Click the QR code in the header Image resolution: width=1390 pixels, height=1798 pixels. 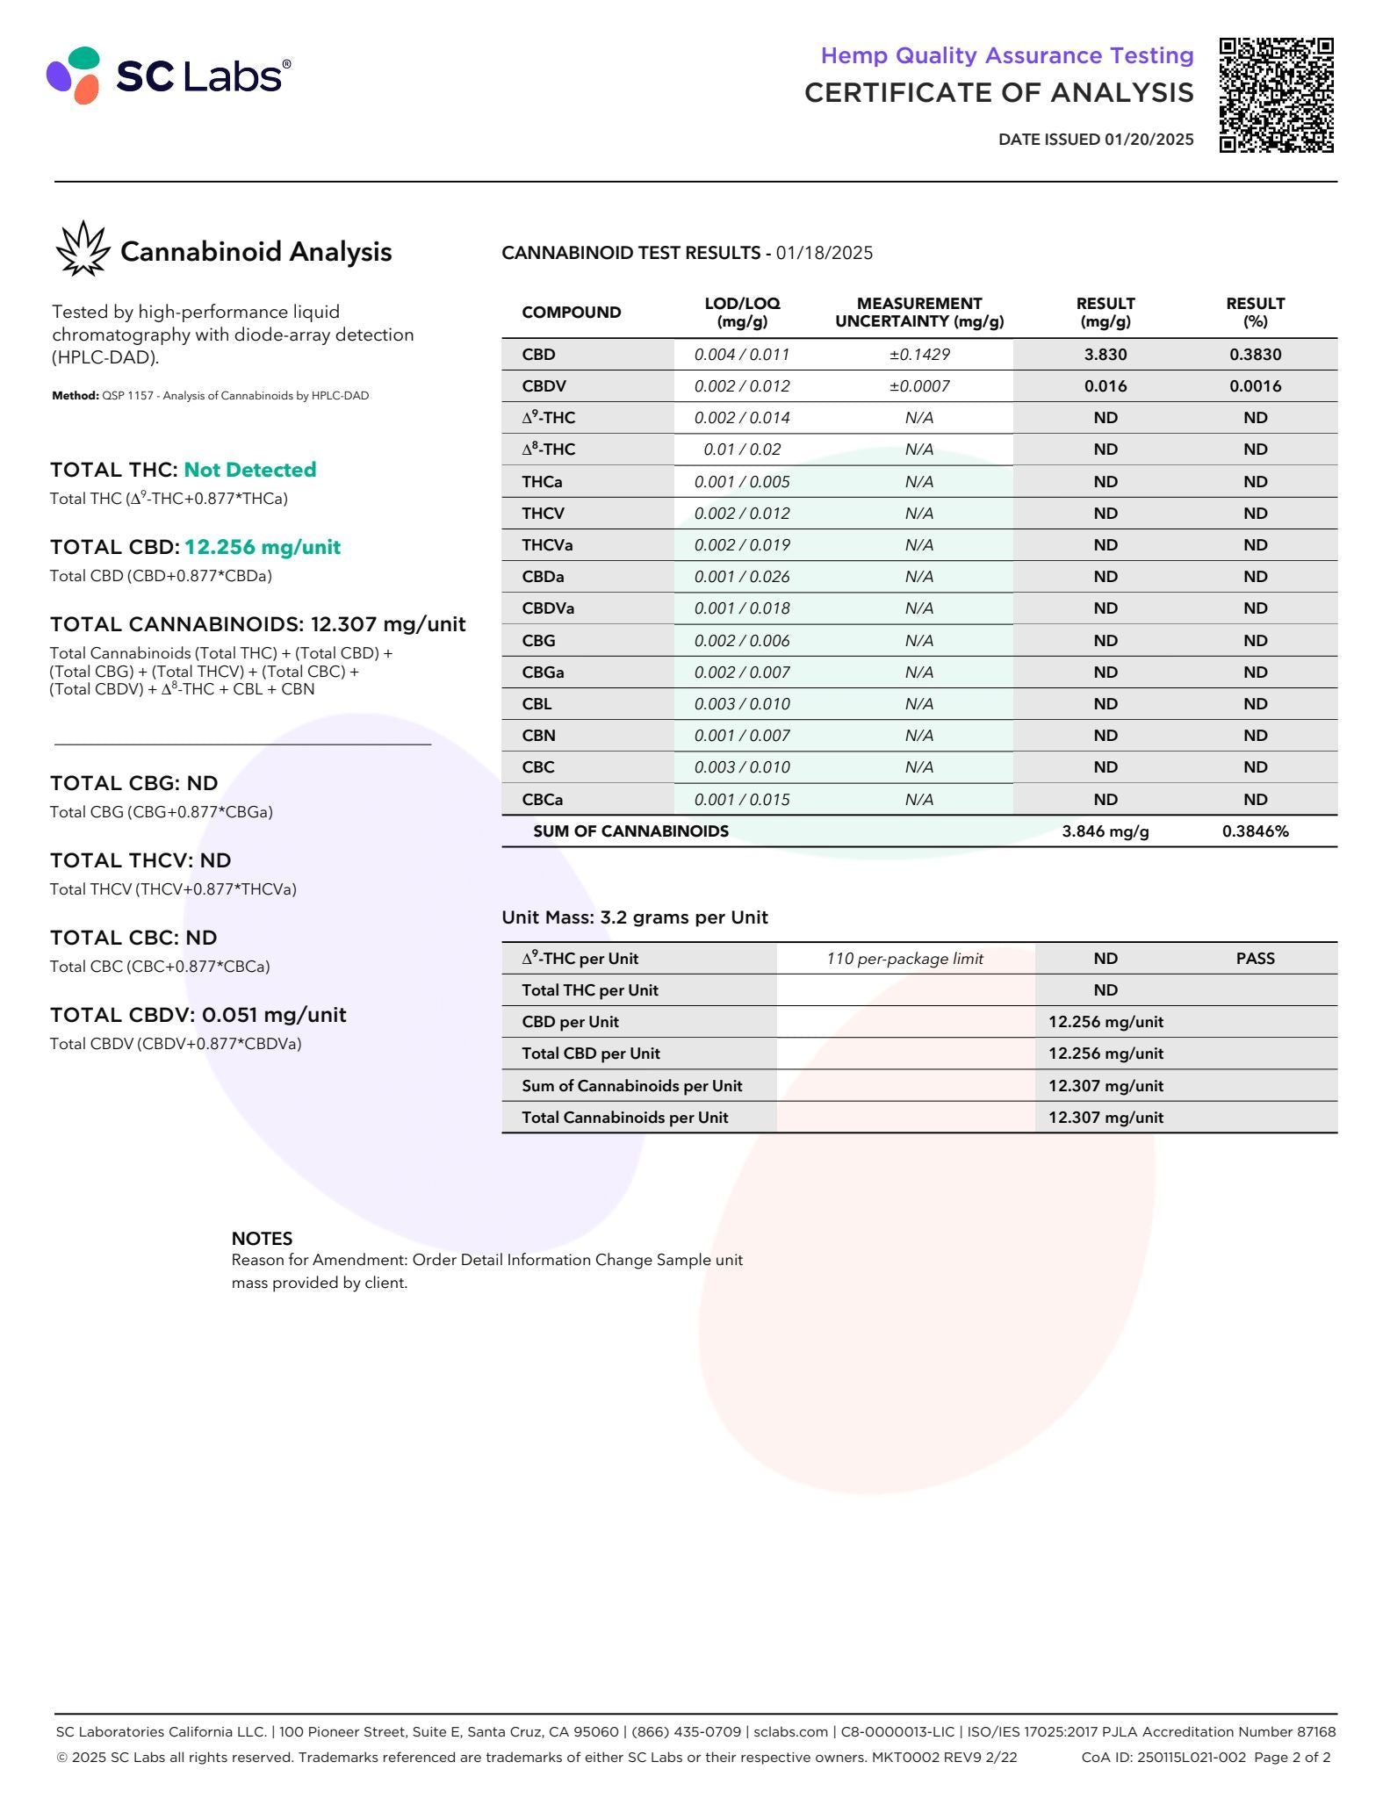pyautogui.click(x=1276, y=95)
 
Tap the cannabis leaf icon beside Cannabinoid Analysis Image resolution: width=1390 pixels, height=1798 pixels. pyautogui.click(x=83, y=249)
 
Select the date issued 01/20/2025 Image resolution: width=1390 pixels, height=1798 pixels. pyautogui.click(x=1096, y=140)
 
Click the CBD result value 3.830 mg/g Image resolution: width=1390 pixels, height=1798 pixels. pyautogui.click(x=1105, y=355)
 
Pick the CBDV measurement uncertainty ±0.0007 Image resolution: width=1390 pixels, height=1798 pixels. pyautogui.click(x=918, y=386)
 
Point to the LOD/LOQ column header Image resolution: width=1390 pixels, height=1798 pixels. pyautogui.click(x=742, y=312)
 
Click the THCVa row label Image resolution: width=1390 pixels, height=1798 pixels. pyautogui.click(x=547, y=545)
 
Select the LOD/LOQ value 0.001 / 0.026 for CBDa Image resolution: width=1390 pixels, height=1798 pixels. pyautogui.click(x=742, y=577)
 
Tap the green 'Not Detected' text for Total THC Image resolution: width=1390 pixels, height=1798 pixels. pyautogui.click(x=249, y=470)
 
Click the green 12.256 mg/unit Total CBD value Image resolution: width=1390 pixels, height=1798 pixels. pyautogui.click(x=262, y=547)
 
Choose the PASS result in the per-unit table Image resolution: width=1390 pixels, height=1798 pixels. pyautogui.click(x=1255, y=959)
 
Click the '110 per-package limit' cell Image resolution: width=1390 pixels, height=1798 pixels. pyautogui.click(x=904, y=959)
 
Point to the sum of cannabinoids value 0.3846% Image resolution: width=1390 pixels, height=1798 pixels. pyautogui.click(x=1255, y=831)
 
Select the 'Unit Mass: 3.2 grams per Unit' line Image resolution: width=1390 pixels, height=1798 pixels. pyautogui.click(x=635, y=917)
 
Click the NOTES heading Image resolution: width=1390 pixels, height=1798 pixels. pyautogui.click(x=262, y=1239)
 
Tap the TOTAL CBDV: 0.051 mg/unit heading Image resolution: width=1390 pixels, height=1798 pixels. pyautogui.click(x=198, y=1015)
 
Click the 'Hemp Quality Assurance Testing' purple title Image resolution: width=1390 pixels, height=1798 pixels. pyautogui.click(x=1006, y=55)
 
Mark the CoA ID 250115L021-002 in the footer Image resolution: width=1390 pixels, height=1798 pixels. pyautogui.click(x=1163, y=1757)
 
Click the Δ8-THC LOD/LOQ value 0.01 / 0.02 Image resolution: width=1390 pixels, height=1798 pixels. pyautogui.click(x=742, y=449)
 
